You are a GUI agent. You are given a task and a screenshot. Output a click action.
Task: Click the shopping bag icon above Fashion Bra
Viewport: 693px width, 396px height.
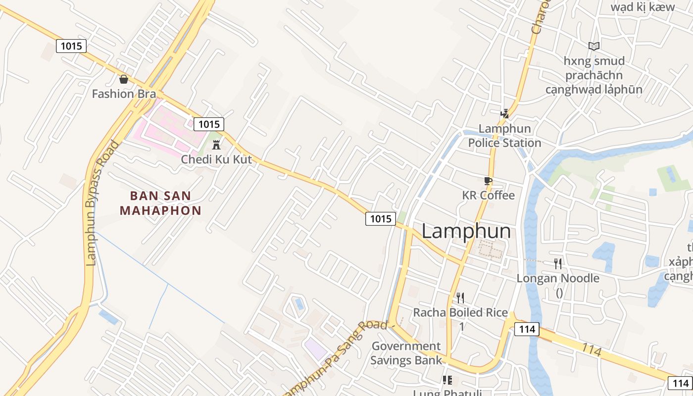124,79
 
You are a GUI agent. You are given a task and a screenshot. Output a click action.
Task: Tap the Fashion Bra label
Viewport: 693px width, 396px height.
124,94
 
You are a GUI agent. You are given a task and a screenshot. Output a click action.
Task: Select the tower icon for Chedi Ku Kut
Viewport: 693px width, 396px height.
216,145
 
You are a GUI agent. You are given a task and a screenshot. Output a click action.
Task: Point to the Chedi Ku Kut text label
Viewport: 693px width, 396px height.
216,159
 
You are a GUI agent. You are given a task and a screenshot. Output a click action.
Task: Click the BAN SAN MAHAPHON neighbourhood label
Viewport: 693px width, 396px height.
161,203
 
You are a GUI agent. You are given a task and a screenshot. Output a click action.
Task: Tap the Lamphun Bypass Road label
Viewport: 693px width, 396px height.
102,203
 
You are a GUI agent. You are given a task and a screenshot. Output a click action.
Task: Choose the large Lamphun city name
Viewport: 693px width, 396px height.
466,231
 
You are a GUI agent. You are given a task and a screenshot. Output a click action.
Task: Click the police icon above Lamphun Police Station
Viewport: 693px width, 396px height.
504,114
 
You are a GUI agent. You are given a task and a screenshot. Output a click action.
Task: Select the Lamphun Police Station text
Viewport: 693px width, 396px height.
504,136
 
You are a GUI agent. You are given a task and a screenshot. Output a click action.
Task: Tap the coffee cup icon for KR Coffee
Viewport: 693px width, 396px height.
488,181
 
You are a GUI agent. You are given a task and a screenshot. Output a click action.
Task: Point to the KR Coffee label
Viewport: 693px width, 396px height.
488,195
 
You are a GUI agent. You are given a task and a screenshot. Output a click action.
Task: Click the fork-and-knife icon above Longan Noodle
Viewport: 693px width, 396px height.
558,263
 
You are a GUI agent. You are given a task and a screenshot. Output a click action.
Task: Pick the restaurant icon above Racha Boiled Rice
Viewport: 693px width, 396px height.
460,297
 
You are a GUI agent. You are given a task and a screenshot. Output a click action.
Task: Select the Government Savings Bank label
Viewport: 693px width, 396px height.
406,353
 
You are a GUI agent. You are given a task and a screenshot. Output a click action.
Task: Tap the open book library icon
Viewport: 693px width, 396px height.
594,46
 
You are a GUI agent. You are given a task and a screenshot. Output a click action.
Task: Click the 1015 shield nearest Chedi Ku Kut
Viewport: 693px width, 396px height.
208,124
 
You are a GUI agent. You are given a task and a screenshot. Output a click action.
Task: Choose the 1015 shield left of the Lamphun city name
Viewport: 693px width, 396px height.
381,218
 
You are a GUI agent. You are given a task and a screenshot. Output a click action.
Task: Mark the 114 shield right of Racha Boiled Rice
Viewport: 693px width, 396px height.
526,329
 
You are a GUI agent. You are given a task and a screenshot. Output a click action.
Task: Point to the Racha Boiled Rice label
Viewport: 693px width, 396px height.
460,312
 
